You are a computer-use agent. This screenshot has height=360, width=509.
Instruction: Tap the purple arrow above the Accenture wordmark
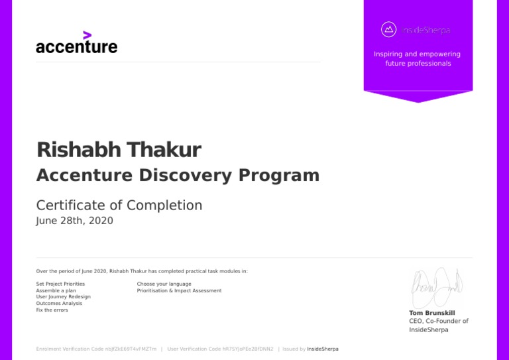pyautogui.click(x=87, y=35)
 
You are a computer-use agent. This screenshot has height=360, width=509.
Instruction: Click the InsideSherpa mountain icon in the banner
pyautogui.click(x=389, y=30)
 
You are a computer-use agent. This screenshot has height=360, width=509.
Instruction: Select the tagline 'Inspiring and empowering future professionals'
pyautogui.click(x=418, y=59)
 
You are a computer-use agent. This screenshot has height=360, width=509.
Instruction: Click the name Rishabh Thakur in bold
pyautogui.click(x=119, y=150)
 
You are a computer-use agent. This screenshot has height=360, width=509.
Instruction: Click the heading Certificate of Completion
pyautogui.click(x=119, y=206)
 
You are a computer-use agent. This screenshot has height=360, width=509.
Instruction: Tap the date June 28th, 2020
pyautogui.click(x=74, y=221)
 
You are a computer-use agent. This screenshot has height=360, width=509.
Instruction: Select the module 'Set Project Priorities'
pyautogui.click(x=60, y=284)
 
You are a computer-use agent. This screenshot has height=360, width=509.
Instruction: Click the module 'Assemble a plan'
pyautogui.click(x=56, y=290)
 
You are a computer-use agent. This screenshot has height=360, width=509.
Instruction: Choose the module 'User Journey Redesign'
pyautogui.click(x=63, y=296)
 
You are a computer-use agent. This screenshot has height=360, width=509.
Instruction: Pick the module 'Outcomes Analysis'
pyautogui.click(x=59, y=303)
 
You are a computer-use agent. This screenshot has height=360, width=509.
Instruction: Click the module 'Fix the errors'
pyautogui.click(x=52, y=310)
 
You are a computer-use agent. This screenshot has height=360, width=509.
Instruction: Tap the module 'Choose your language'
pyautogui.click(x=164, y=284)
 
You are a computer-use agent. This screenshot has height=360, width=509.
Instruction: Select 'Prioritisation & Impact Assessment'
pyautogui.click(x=179, y=290)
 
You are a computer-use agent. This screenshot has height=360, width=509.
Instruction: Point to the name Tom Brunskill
pyautogui.click(x=432, y=313)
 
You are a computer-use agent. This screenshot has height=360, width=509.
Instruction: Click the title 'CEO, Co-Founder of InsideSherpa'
pyautogui.click(x=438, y=325)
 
